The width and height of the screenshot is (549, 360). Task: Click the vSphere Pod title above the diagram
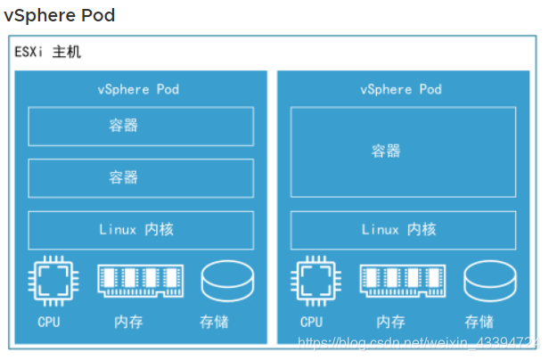[x=59, y=16]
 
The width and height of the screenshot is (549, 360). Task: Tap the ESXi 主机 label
[x=47, y=52]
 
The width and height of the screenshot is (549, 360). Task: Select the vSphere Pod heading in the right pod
[x=401, y=89]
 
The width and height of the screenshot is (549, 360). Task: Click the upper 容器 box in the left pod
[x=141, y=127]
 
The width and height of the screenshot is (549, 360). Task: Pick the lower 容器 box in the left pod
[x=141, y=178]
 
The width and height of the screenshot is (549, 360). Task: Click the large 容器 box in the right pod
[x=403, y=151]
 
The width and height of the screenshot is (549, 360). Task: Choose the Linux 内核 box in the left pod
[x=141, y=230]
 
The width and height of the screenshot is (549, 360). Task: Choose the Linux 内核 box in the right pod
[x=403, y=230]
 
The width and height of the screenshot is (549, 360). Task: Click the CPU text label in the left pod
[x=49, y=322]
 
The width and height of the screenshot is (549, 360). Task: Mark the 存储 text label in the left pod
[x=215, y=322]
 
